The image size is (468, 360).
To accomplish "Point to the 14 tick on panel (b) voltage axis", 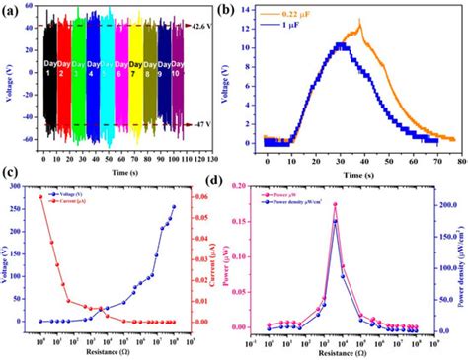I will point(254,10).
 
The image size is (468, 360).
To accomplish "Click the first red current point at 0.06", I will point(40,196).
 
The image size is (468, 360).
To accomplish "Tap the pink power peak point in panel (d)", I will point(335,204).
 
